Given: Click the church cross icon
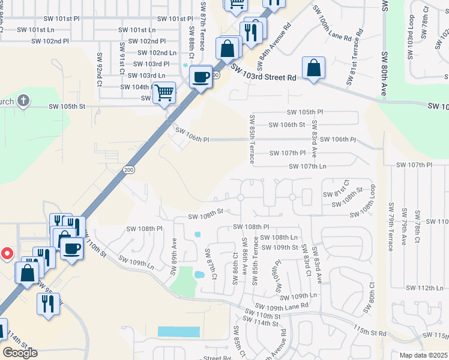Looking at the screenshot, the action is (x=23, y=100).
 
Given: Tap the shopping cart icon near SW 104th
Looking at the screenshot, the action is (x=164, y=93).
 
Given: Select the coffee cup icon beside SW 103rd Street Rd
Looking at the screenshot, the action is (x=200, y=76).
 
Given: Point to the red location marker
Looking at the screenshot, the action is (x=7, y=254).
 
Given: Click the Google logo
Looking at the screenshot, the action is (x=20, y=353).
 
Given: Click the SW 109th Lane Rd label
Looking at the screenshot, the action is (x=279, y=306).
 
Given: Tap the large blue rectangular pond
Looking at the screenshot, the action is (x=178, y=331).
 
